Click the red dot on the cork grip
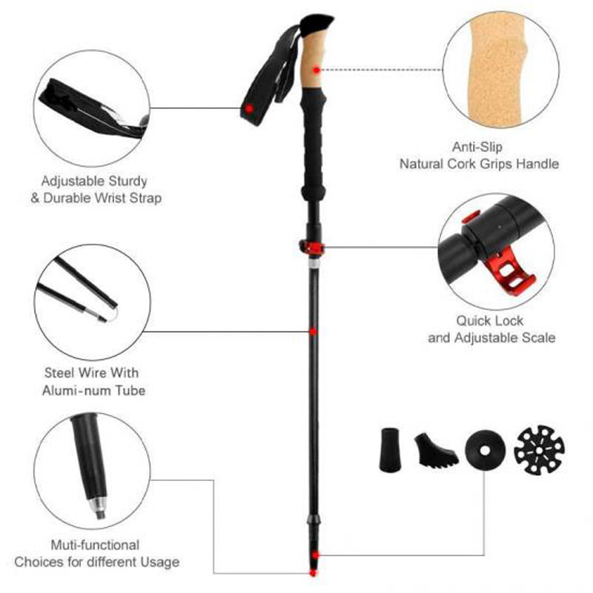[316, 69]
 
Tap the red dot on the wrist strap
[250, 108]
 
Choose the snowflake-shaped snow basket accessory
[539, 447]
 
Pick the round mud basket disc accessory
[486, 447]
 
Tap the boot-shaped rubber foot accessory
[434, 447]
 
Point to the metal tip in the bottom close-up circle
[98, 508]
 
